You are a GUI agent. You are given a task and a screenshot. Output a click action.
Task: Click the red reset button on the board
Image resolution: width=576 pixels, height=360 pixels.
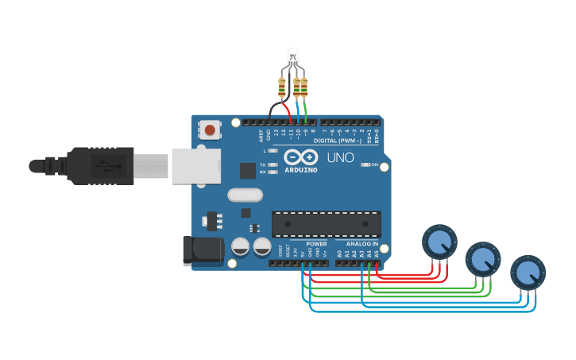(x=210, y=129)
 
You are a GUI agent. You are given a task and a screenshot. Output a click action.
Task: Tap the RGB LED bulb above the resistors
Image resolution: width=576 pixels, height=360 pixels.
(x=293, y=56)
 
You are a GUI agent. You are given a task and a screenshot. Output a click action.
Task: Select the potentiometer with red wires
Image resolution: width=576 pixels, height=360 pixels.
(x=439, y=241)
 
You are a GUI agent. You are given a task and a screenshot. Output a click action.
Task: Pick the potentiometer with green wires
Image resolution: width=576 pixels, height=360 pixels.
(x=483, y=258)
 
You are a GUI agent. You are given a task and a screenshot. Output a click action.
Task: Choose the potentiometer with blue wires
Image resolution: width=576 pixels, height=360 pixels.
(x=528, y=272)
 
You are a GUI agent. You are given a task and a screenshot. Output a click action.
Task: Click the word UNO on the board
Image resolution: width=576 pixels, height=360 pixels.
(x=340, y=157)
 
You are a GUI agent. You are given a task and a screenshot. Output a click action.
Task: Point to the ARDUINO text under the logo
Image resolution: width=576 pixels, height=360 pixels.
(x=301, y=169)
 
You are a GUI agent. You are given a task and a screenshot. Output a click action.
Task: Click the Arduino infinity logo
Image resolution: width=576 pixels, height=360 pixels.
(x=301, y=157)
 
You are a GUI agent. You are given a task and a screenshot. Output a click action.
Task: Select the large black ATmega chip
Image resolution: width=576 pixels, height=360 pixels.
(x=326, y=224)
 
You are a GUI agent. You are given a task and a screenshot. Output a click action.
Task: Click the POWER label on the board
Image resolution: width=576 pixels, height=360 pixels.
(x=316, y=244)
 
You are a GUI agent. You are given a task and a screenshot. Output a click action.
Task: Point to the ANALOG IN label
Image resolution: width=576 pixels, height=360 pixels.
(x=361, y=244)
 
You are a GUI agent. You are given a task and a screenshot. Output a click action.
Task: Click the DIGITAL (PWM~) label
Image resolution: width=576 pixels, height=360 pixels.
(x=337, y=140)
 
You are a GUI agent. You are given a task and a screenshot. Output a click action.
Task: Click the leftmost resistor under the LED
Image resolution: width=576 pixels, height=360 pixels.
(x=282, y=87)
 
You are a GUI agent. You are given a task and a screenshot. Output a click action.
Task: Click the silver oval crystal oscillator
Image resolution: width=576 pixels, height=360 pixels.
(x=244, y=194)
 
